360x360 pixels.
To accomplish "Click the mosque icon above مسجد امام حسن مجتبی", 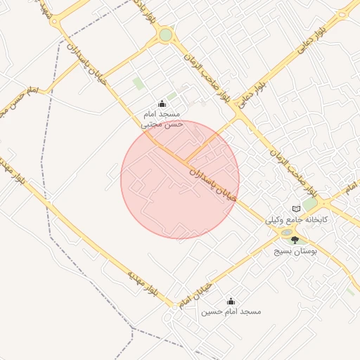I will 162,103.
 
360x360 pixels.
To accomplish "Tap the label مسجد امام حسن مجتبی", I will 162,118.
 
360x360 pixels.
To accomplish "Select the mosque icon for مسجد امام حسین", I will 231,301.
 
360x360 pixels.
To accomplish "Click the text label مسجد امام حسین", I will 231,311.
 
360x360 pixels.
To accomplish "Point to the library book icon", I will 296,209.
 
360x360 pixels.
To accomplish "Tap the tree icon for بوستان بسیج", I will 295,240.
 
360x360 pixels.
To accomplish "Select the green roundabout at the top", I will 165,34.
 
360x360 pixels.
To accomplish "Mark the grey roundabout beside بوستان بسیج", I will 287,232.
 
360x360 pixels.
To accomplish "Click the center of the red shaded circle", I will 180,179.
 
